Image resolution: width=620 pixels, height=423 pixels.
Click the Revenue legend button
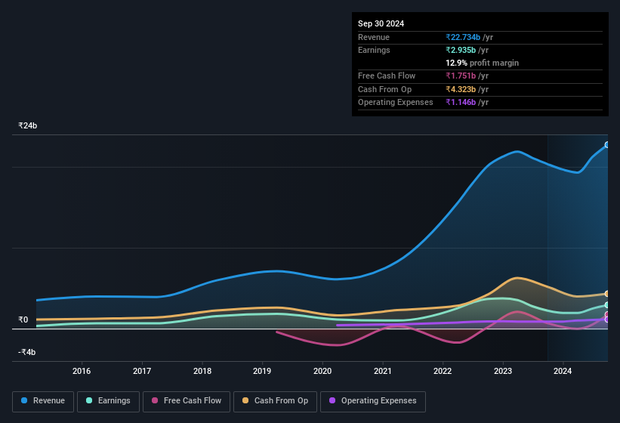coord(44,401)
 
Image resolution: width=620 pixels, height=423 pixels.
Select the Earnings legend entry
coord(108,401)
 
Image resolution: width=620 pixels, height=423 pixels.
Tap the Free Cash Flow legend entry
coord(187,401)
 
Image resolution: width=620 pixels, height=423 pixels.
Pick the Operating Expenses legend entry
coord(373,401)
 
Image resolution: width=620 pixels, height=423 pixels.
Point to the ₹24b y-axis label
coord(28,125)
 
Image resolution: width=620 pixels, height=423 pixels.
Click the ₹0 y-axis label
coord(23,320)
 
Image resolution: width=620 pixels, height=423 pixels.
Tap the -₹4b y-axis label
coord(27,352)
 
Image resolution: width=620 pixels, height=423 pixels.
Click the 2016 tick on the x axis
coord(82,371)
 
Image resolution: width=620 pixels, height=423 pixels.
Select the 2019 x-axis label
coord(262,371)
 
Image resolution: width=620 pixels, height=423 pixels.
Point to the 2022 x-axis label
coord(443,371)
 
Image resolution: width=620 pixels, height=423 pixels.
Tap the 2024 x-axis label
coord(563,371)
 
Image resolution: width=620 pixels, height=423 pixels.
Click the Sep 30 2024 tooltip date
coord(381,23)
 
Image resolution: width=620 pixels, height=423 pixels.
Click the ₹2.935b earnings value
coord(461,50)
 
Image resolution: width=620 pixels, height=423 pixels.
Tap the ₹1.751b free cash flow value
coord(461,76)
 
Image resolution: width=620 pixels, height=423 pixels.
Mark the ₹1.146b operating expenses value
coord(461,102)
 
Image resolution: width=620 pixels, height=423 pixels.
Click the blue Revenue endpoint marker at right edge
coord(606,145)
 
